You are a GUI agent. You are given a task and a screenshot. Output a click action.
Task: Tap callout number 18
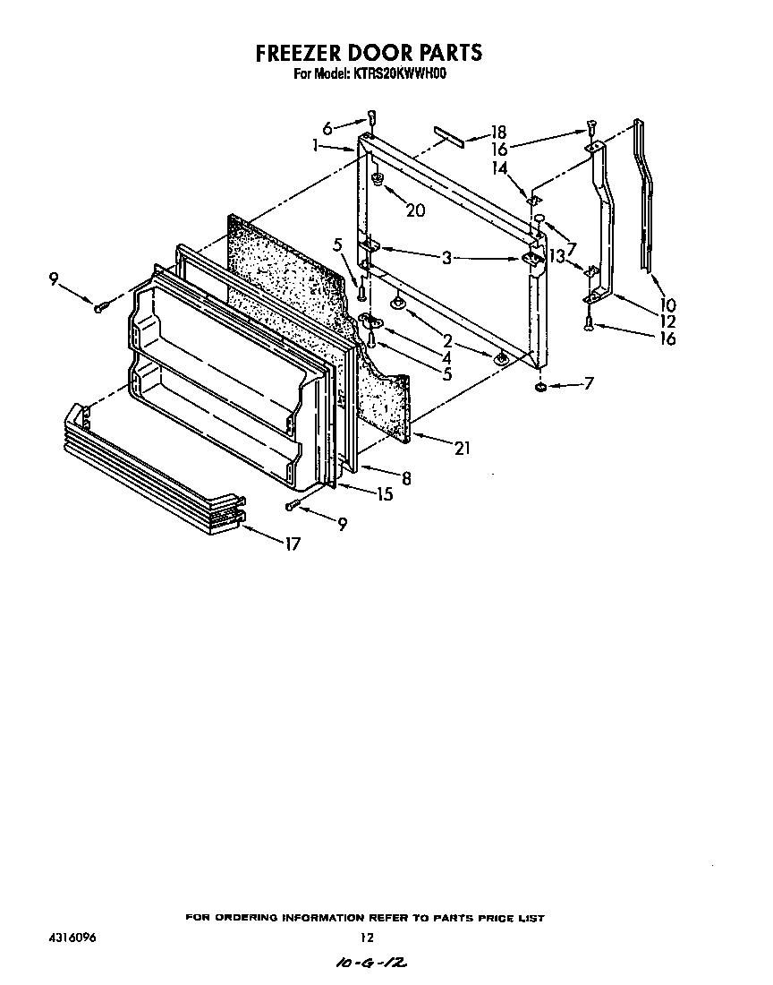498,133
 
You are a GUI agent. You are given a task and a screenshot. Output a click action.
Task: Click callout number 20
415,210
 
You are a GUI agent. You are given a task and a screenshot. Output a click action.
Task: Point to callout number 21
462,449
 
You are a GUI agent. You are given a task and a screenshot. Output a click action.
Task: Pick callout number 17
293,543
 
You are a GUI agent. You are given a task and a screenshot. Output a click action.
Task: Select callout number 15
384,493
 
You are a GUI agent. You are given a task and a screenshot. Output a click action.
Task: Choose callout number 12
668,321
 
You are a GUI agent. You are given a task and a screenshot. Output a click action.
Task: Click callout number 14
498,167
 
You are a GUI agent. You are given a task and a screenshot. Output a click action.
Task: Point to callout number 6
327,128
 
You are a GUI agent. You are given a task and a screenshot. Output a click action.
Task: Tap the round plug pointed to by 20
378,180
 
